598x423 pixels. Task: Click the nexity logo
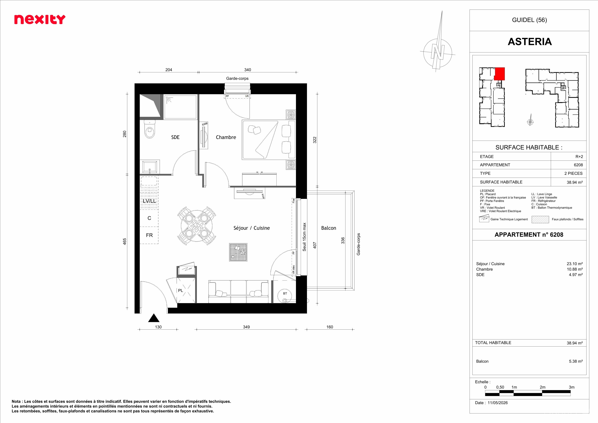(x=40, y=20)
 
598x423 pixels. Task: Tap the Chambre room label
(x=226, y=137)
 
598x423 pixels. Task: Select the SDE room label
(x=175, y=137)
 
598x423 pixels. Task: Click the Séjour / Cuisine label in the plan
(x=252, y=228)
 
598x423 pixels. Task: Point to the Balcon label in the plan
(x=328, y=228)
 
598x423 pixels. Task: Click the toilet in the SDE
(x=149, y=129)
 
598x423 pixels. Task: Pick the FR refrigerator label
(x=149, y=235)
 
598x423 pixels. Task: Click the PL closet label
(x=181, y=290)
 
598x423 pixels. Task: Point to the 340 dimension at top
(x=247, y=70)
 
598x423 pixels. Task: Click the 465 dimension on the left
(x=124, y=241)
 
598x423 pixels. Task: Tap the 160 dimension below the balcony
(x=330, y=327)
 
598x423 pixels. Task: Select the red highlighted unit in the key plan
(x=500, y=74)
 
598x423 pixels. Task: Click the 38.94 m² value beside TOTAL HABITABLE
(x=574, y=343)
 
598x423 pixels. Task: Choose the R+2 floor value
(x=579, y=157)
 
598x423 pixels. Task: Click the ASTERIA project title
(x=530, y=42)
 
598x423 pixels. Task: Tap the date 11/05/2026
(x=498, y=403)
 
